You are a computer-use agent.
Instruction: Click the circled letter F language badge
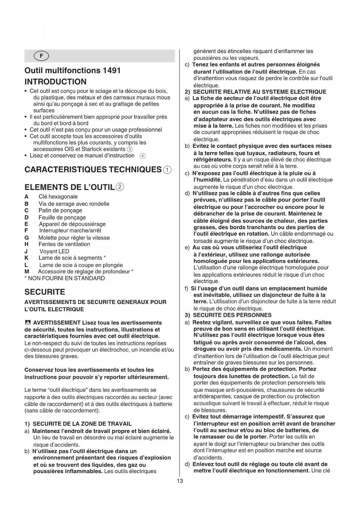click(x=41, y=56)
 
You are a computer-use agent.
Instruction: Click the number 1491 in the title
click(x=111, y=71)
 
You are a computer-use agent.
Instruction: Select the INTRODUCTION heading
click(x=55, y=82)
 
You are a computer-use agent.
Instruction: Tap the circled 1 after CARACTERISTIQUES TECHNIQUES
click(x=167, y=170)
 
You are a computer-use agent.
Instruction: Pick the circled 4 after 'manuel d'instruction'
click(x=142, y=156)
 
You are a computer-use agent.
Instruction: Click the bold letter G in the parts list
click(x=27, y=238)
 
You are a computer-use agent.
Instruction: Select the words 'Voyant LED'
click(x=54, y=251)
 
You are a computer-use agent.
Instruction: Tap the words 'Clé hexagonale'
click(x=58, y=197)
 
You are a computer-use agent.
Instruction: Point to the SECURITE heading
click(x=45, y=292)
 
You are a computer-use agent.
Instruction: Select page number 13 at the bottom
click(x=180, y=481)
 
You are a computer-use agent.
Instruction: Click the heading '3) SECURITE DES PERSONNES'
click(x=228, y=315)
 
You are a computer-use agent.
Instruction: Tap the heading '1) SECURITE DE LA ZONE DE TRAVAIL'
click(x=78, y=424)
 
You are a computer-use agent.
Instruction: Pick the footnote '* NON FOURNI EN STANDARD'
click(x=65, y=278)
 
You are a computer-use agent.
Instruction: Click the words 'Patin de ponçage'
click(x=60, y=210)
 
